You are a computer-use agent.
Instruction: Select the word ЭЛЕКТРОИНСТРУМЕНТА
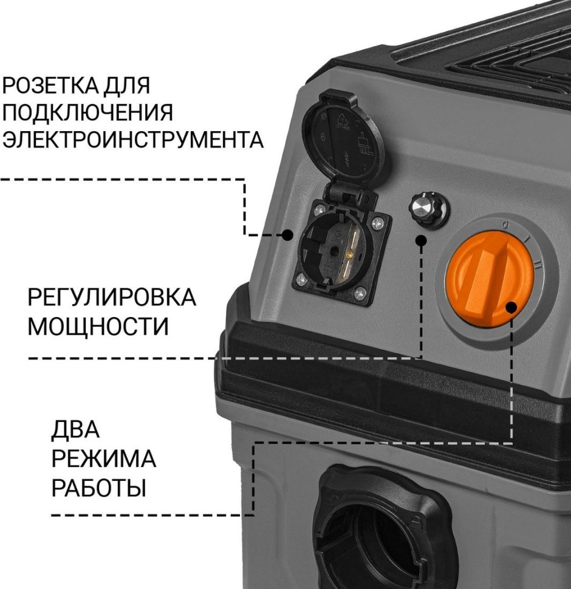[x=133, y=139]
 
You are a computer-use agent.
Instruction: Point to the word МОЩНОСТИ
[x=98, y=326]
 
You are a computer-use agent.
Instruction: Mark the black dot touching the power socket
[x=288, y=234]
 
